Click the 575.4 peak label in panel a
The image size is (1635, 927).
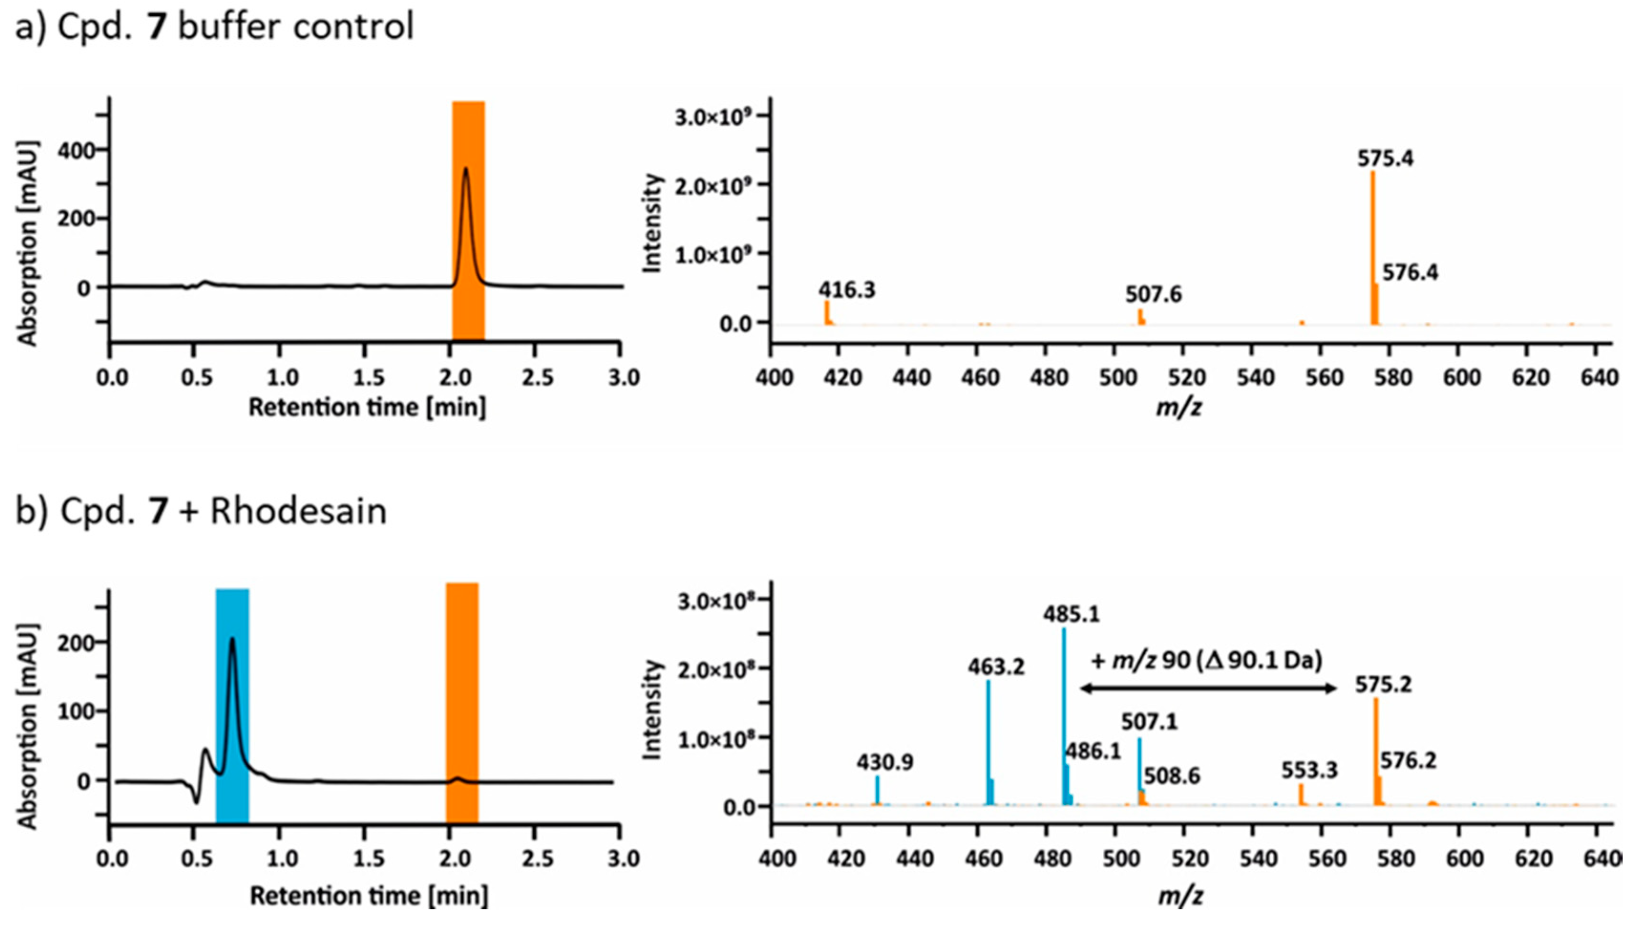tap(1385, 158)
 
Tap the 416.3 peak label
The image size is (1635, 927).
tap(847, 290)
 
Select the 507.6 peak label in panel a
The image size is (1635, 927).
tap(1153, 295)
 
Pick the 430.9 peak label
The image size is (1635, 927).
tap(885, 762)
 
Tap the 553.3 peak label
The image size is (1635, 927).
tap(1309, 771)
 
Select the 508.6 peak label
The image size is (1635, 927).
tap(1171, 776)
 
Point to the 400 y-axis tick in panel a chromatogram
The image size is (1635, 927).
tap(75, 150)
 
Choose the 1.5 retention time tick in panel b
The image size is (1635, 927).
tap(369, 859)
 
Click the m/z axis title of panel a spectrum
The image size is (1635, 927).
tap(1179, 408)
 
